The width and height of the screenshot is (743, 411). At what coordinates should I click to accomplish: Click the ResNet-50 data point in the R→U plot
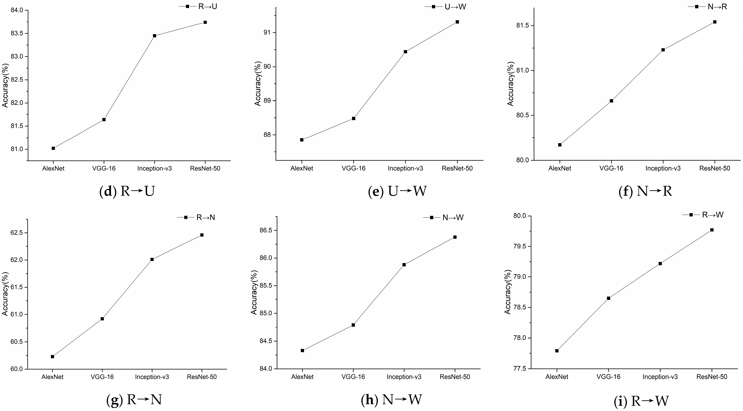pyautogui.click(x=205, y=22)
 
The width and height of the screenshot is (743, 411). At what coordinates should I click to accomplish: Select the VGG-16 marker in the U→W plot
pyautogui.click(x=353, y=118)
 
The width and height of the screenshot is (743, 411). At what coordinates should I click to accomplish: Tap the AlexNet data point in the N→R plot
pyautogui.click(x=560, y=145)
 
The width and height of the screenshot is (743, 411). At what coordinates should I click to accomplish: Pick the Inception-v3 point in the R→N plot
pyautogui.click(x=152, y=259)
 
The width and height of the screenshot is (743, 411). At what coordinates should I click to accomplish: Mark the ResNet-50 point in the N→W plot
pyautogui.click(x=455, y=237)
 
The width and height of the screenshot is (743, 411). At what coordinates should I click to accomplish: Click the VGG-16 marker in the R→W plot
pyautogui.click(x=608, y=298)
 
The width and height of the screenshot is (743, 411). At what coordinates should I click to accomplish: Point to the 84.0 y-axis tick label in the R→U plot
pyautogui.click(x=16, y=10)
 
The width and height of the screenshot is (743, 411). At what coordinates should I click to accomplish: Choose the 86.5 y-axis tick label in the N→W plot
pyautogui.click(x=265, y=230)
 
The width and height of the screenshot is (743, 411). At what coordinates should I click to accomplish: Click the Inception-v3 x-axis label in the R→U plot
pyautogui.click(x=154, y=168)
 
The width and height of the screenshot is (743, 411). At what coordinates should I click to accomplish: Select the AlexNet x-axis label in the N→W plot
pyautogui.click(x=302, y=377)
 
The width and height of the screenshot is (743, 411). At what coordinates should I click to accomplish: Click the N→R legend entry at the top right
pyautogui.click(x=717, y=7)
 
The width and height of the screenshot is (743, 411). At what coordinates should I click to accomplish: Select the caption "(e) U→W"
pyautogui.click(x=397, y=191)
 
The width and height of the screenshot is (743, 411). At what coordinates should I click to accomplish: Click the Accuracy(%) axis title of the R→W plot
pyautogui.click(x=508, y=292)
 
